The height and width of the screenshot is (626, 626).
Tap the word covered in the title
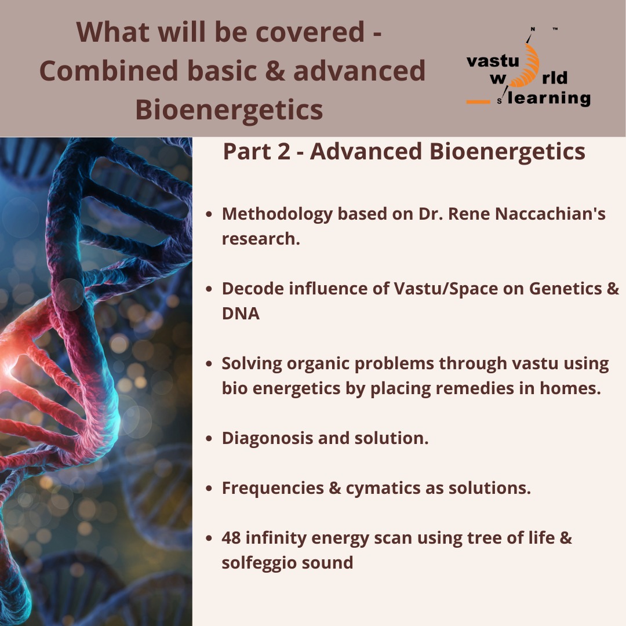point(310,32)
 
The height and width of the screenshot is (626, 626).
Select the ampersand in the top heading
point(275,71)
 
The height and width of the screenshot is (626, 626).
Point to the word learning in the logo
point(549,97)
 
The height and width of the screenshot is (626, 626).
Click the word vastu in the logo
point(493,61)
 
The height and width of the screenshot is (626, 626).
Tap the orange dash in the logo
point(478,102)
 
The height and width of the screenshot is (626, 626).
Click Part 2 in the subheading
point(257,152)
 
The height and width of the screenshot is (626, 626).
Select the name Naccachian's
point(550,213)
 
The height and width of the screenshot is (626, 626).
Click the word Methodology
point(277,214)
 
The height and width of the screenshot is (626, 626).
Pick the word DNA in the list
point(241,314)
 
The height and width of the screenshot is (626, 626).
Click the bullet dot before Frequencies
point(209,488)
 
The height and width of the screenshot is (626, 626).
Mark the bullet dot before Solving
point(209,363)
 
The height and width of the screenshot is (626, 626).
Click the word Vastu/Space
point(446,289)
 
